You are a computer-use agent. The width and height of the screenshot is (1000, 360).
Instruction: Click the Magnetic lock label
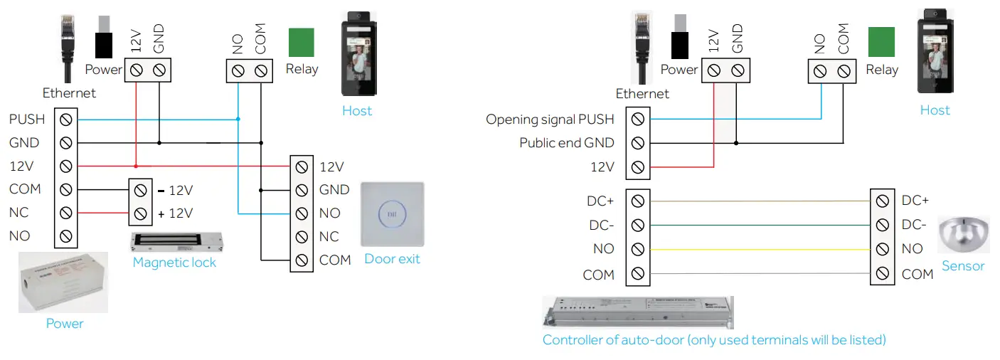(x=174, y=263)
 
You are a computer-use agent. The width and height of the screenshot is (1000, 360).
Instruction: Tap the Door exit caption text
(x=392, y=259)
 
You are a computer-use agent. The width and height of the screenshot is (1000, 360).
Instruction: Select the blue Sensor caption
(x=963, y=266)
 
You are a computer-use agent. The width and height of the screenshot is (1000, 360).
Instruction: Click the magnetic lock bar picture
(x=179, y=243)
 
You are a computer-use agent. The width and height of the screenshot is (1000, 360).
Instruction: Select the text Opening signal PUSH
(x=550, y=119)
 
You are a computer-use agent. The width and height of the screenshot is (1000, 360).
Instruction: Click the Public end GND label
(x=567, y=143)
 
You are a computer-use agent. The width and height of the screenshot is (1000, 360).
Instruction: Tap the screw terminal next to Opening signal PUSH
(x=638, y=120)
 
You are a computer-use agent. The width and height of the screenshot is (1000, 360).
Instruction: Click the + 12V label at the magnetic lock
(x=175, y=213)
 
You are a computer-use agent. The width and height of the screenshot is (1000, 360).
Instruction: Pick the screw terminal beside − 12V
(x=141, y=191)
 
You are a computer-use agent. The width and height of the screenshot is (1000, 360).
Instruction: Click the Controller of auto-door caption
(x=714, y=340)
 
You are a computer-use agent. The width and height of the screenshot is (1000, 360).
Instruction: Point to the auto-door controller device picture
(x=638, y=313)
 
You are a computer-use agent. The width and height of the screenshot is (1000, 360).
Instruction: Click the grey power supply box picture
(x=63, y=282)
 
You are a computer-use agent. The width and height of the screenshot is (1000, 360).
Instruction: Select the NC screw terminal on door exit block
(x=302, y=237)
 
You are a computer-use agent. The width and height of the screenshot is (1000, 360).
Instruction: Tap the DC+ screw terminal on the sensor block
(x=883, y=201)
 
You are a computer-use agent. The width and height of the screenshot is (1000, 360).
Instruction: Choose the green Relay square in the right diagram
(x=881, y=42)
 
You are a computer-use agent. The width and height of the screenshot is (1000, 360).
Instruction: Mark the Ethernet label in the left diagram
(x=69, y=93)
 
